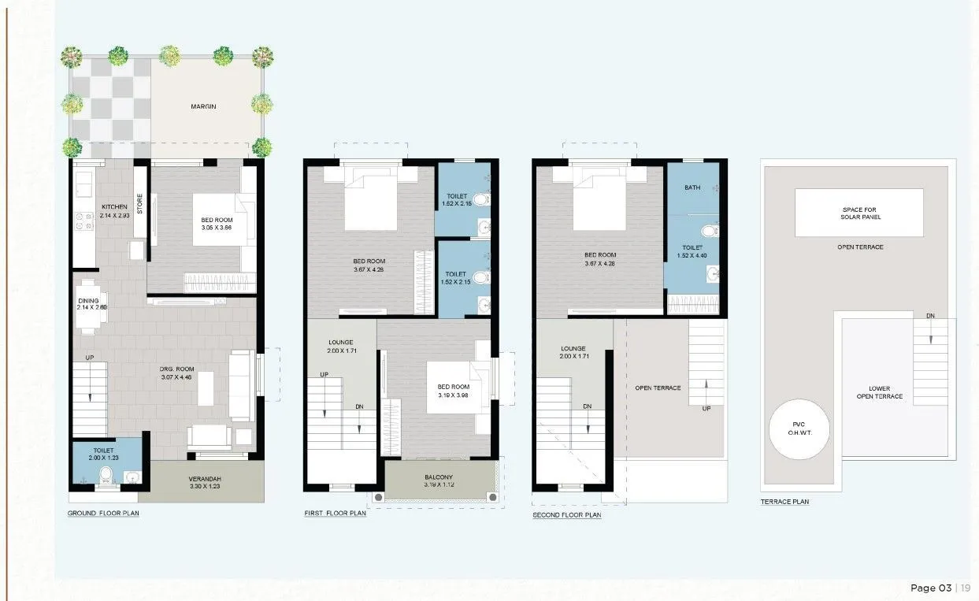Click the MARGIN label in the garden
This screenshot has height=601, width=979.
[x=202, y=106]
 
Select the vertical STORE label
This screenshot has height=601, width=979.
[x=140, y=205]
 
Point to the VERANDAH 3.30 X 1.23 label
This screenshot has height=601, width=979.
[x=206, y=483]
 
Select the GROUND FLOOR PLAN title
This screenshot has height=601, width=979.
[x=103, y=514]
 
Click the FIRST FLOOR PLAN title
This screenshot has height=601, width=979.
[x=335, y=514]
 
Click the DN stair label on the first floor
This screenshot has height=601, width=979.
[x=359, y=406]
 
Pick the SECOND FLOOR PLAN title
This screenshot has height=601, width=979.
[x=566, y=515]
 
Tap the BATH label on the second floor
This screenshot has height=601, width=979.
[x=692, y=187]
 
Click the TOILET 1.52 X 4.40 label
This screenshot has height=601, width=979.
[x=692, y=251]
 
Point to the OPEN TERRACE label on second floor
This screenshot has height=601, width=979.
[x=658, y=388]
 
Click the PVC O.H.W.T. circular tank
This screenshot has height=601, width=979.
[x=799, y=432]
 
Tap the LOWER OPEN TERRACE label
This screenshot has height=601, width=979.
[x=880, y=392]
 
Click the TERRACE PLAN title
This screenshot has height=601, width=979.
[x=784, y=502]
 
